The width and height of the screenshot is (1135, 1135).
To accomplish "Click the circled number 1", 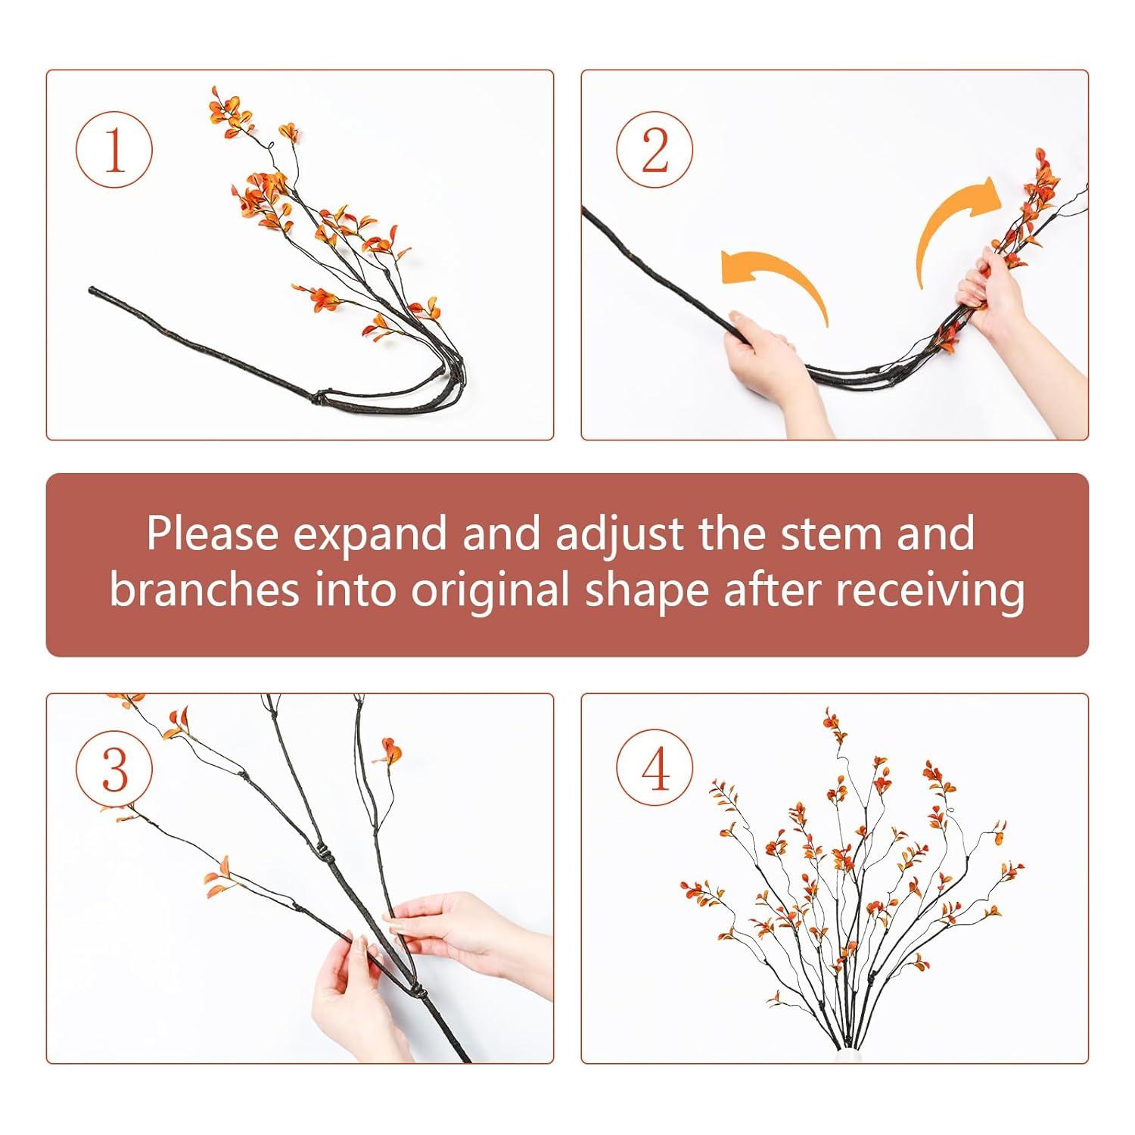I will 114,149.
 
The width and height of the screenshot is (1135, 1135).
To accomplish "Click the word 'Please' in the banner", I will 213,533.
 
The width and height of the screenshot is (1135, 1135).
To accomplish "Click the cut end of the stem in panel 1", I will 92,291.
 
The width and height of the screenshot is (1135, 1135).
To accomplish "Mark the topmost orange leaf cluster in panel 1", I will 221,102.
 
